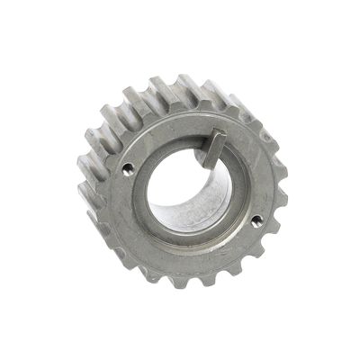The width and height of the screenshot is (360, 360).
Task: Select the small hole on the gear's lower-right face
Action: (256, 219)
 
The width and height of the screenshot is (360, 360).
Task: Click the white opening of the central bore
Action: (175, 184)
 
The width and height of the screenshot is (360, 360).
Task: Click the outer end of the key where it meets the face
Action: (222, 137)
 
